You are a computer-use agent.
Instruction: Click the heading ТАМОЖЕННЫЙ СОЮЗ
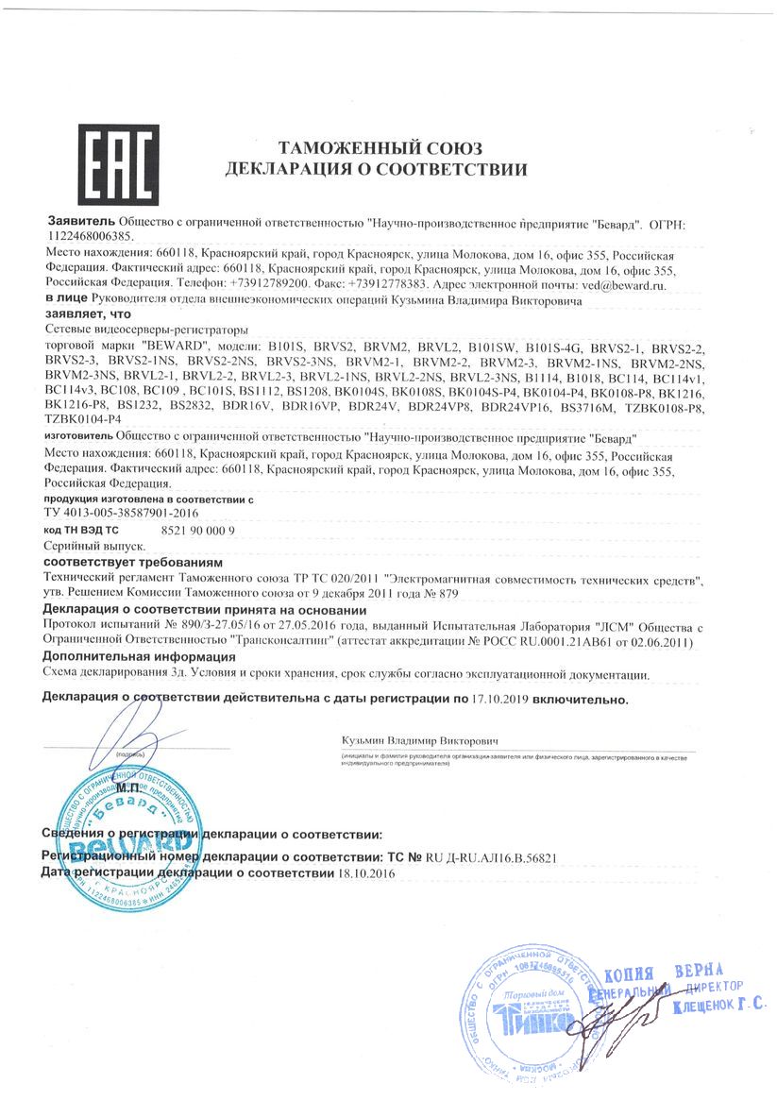point(380,149)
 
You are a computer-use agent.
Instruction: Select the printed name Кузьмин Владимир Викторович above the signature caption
point(420,741)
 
